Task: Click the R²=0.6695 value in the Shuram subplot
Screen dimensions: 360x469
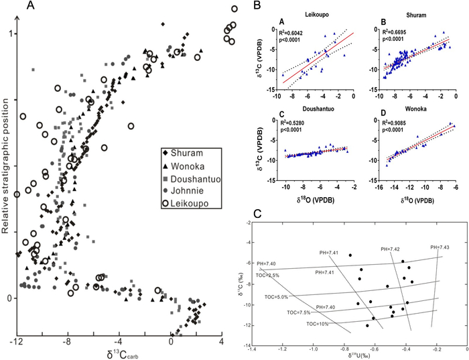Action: [401, 32]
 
